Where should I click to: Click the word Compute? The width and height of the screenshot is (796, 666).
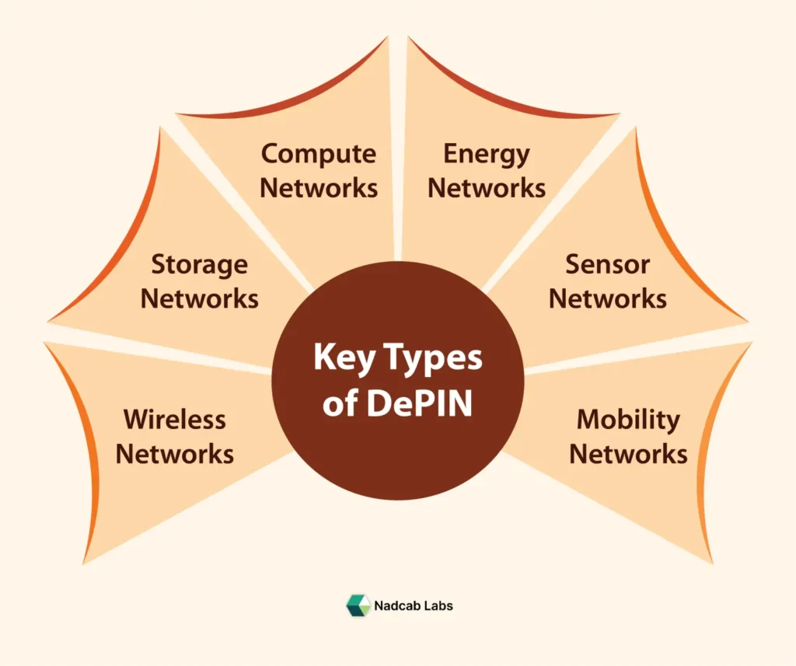tap(319, 154)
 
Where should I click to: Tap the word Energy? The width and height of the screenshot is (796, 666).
tap(487, 154)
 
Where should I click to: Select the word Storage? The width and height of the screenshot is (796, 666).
tap(200, 265)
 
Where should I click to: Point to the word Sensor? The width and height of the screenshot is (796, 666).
tap(607, 265)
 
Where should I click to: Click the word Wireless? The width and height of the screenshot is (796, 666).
tap(175, 420)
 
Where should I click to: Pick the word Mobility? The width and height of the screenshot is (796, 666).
tap(628, 420)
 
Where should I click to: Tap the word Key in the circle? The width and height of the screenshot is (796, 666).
tap(339, 359)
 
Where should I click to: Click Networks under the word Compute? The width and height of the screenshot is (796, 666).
tap(319, 188)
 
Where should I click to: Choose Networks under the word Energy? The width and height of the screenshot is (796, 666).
tap(487, 188)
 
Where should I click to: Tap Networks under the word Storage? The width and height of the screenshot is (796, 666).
tap(200, 298)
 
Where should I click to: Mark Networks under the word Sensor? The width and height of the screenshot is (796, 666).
tap(607, 298)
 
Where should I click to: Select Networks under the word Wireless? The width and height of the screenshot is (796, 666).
tap(175, 453)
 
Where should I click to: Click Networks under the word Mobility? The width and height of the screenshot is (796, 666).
tap(628, 453)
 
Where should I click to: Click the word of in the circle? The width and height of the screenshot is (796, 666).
tap(339, 404)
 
